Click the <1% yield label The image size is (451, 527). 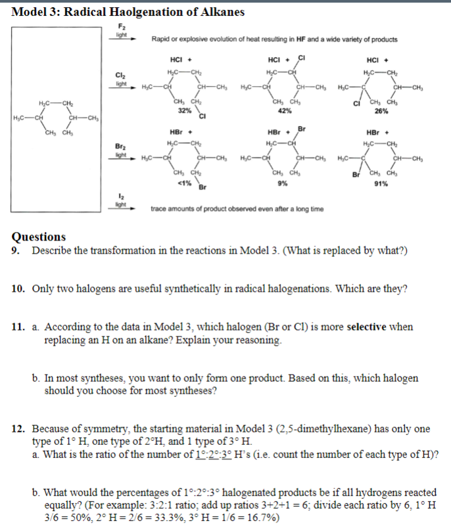tap(184, 183)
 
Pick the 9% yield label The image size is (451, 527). tap(282, 183)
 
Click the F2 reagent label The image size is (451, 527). tap(120, 26)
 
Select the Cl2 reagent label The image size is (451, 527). tap(120, 76)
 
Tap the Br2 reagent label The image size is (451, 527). tap(120, 147)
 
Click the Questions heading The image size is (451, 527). tap(39, 237)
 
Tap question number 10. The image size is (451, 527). tap(19, 288)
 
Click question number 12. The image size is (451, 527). tap(19, 429)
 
